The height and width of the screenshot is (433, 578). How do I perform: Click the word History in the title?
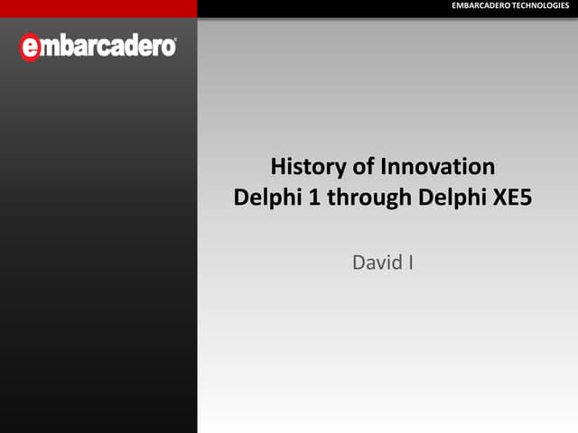click(307, 167)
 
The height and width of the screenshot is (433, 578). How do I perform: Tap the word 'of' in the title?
click(364, 167)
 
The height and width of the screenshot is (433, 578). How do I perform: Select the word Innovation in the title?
click(437, 167)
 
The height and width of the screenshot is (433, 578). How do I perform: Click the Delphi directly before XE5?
click(452, 198)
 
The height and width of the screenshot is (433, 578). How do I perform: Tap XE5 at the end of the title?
click(513, 198)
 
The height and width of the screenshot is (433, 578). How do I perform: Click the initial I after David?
click(410, 263)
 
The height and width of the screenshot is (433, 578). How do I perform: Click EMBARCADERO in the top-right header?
click(480, 7)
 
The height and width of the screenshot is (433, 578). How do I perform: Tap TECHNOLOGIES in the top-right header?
click(541, 7)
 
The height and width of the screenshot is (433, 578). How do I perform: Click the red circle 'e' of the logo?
click(30, 48)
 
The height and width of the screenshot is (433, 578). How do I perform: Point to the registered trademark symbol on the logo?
click(174, 41)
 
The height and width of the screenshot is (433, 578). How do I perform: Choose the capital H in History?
click(277, 167)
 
